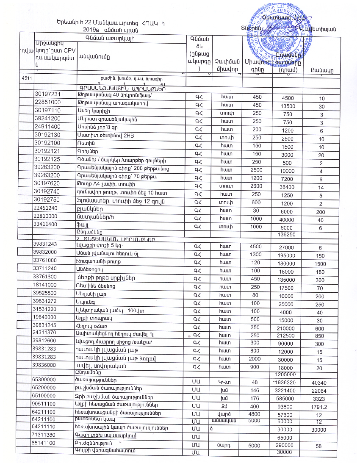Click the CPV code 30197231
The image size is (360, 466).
coord(47,94)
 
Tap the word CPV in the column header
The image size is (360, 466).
coord(63,51)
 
